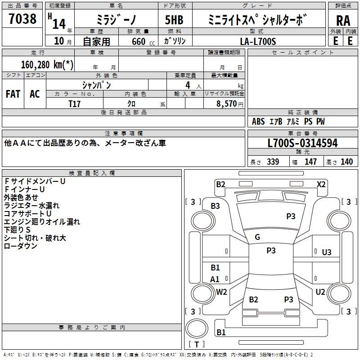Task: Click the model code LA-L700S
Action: (x=258, y=41)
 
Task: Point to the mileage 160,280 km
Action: (x=47, y=64)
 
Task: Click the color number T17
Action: (x=75, y=103)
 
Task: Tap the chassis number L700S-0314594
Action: (x=302, y=143)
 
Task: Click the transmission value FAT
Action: (x=13, y=94)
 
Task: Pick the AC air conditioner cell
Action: (x=35, y=94)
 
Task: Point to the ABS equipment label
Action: (x=258, y=121)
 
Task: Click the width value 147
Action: (x=310, y=162)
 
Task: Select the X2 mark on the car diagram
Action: (x=321, y=184)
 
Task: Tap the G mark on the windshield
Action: (x=257, y=237)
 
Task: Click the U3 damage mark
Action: (x=327, y=252)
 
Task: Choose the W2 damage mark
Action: (x=221, y=292)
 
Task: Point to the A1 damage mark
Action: (x=215, y=279)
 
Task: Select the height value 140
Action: (x=346, y=162)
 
